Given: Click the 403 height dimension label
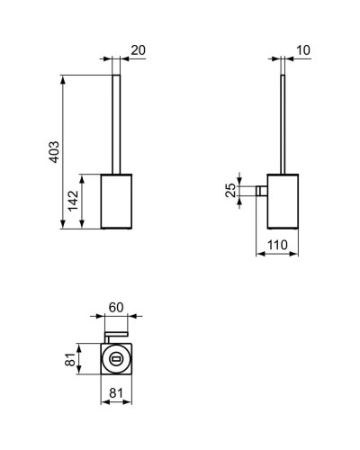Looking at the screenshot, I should pos(53,151).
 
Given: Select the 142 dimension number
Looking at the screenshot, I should pos(73,202).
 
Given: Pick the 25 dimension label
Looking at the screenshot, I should pos(230,191).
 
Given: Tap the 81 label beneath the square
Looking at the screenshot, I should pos(115,392).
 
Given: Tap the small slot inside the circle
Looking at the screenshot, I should pos(115,361).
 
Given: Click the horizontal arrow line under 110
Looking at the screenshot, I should pos(277,253).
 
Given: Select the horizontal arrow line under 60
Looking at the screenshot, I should pos(116,317).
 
